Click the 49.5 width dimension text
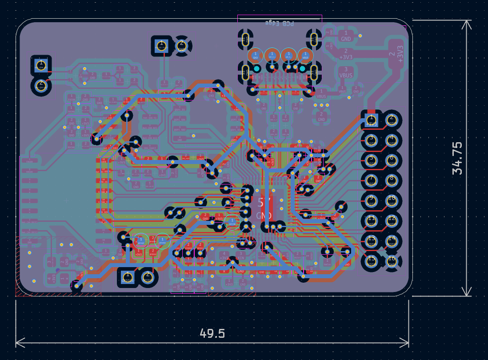[212, 333]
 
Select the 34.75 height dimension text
[457, 158]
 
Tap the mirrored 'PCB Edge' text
[279, 23]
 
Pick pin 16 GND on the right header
[392, 261]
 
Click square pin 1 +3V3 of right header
[371, 120]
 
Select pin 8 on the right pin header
[392, 180]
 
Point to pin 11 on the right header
[371, 220]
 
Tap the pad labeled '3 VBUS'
[346, 72]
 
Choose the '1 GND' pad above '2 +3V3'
[346, 35]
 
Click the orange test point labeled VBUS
[305, 55]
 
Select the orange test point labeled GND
[256, 55]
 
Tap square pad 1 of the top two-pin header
[161, 45]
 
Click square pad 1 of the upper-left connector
[41, 65]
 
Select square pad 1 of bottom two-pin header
[127, 277]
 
